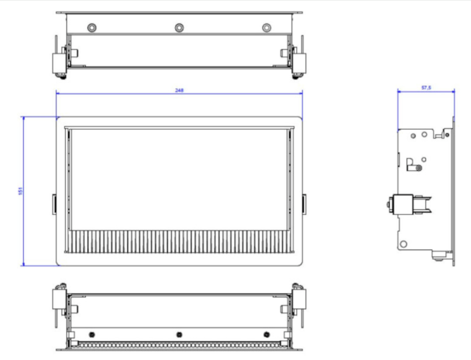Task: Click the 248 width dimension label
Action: coord(179,90)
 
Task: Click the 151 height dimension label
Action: coord(20,191)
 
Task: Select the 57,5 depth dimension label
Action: coord(426,87)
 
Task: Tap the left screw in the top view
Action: coord(92,28)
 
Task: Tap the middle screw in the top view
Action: coord(179,28)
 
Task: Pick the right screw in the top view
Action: coord(266,28)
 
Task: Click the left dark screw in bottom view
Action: coord(92,334)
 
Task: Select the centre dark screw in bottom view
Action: coord(179,334)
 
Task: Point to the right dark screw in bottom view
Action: coord(266,334)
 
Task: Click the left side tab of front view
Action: coord(54,204)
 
